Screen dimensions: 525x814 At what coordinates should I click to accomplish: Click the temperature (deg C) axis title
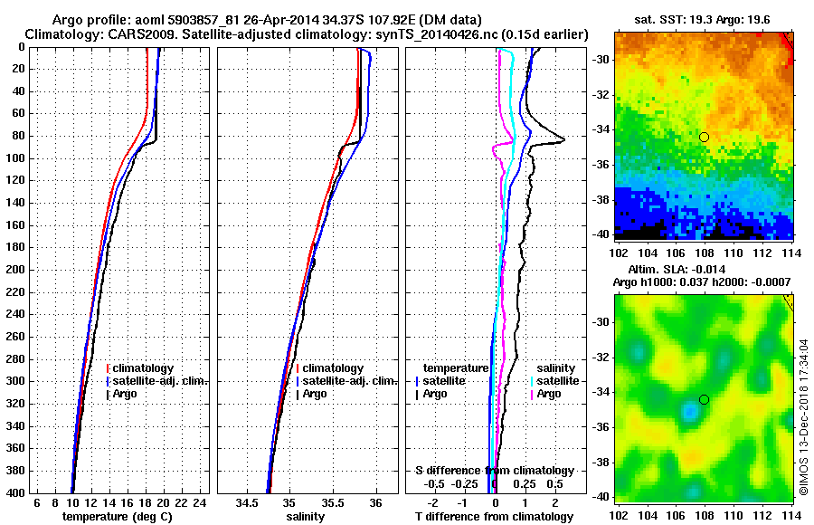click(117, 516)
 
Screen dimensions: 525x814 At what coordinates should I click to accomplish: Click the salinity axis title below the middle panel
click(305, 516)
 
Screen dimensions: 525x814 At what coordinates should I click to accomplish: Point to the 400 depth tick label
click(18, 492)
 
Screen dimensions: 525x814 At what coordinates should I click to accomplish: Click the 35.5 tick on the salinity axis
click(332, 502)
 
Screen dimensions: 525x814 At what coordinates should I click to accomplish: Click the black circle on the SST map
click(704, 137)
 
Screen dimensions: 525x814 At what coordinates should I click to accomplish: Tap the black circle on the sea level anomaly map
click(704, 399)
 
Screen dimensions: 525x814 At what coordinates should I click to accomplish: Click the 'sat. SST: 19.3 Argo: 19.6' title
click(705, 19)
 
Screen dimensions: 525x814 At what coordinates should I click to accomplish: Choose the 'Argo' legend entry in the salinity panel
click(315, 394)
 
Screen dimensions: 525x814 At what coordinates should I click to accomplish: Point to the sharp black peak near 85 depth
click(563, 139)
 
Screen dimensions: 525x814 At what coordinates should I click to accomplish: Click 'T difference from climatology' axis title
click(494, 516)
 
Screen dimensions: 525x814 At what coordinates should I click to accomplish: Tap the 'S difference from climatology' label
click(494, 471)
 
